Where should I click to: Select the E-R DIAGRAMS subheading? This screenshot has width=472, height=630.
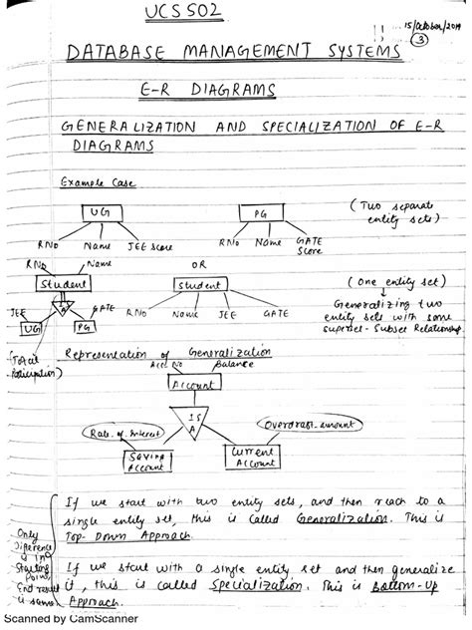coord(206,91)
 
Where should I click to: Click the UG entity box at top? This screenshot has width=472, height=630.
coord(100,214)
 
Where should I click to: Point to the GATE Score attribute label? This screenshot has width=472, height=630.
coord(309,246)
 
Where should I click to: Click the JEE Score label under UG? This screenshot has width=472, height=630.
coord(147,245)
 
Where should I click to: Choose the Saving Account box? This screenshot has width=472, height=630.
coord(147,459)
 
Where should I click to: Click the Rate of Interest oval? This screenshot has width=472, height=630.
coord(118,434)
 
